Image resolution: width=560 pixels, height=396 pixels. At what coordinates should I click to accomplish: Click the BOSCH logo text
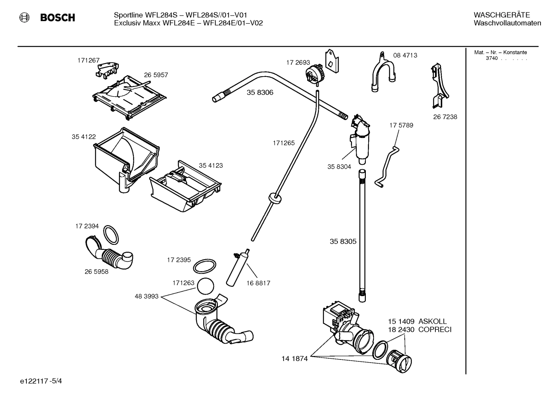(57, 17)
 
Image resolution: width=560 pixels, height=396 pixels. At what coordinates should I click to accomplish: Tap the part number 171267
(88, 60)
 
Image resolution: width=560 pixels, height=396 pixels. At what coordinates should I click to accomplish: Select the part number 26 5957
(156, 75)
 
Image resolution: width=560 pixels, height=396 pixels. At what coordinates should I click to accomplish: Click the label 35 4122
(83, 137)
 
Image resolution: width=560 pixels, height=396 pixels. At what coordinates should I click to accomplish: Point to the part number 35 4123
(210, 166)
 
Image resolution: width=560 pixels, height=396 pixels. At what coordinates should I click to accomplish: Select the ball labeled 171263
(205, 287)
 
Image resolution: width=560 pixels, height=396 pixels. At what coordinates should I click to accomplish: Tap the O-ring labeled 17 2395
(204, 267)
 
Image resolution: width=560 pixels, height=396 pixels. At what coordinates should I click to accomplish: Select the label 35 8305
(343, 241)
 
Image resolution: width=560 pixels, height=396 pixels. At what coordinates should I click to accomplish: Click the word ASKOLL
(432, 321)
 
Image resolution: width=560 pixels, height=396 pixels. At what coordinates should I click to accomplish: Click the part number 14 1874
(294, 359)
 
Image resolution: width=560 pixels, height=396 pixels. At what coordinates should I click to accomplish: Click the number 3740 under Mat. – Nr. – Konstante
(491, 58)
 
